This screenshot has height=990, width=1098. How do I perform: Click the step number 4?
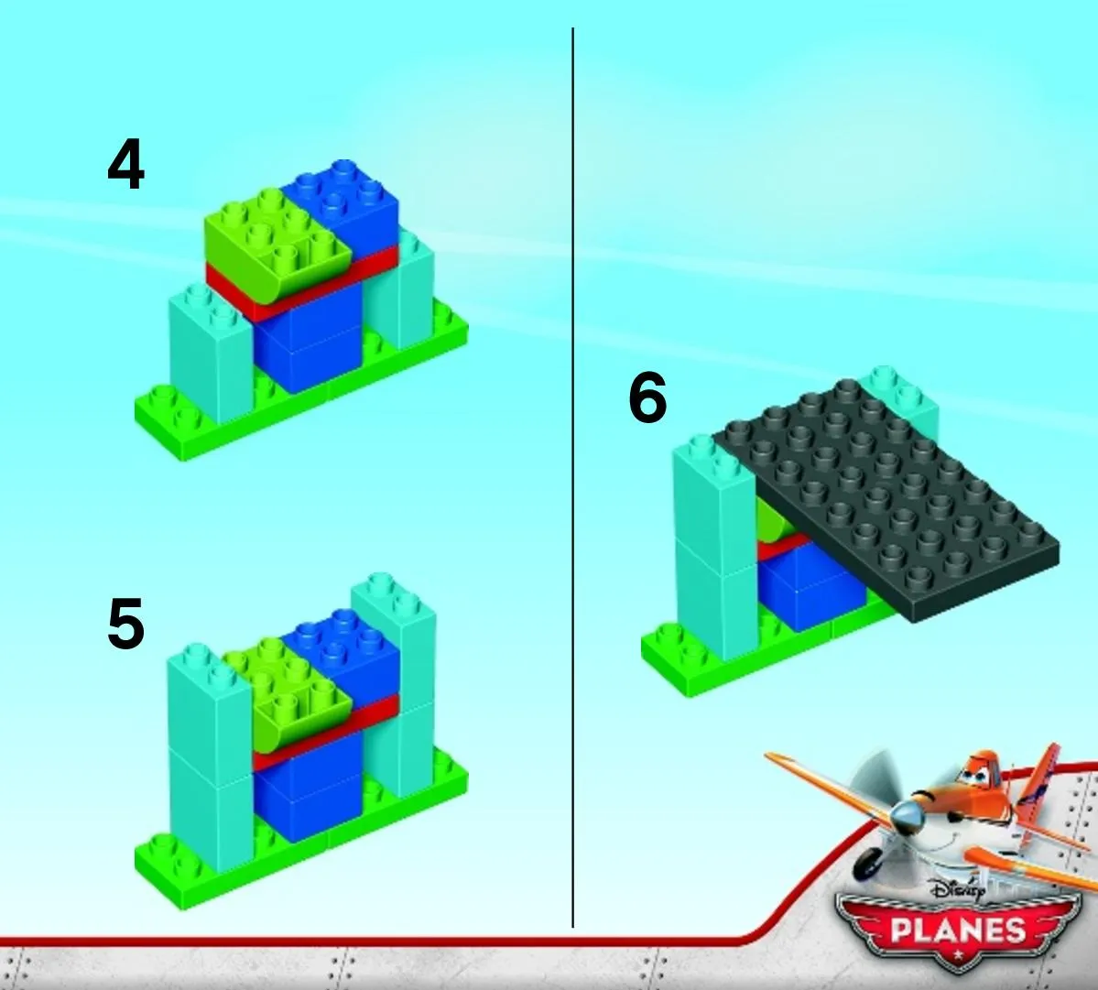click(126, 165)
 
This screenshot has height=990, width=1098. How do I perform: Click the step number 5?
click(126, 623)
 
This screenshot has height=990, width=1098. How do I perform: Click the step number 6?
click(647, 397)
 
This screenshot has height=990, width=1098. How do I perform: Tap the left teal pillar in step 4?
click(211, 354)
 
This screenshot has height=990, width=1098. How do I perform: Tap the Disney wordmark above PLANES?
click(958, 890)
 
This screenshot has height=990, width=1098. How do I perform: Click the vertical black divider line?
click(572, 477)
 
